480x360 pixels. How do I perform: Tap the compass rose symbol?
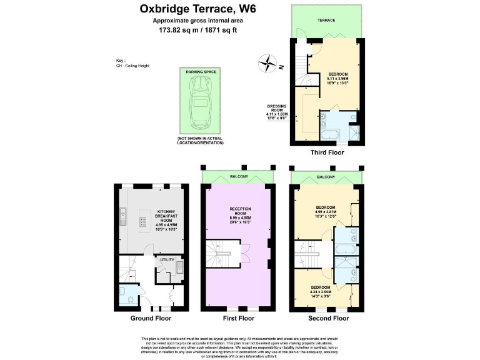[269, 62]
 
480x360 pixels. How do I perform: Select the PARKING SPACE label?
[200, 72]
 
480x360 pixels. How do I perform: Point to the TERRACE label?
[326, 21]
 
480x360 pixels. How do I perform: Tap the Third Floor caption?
[327, 152]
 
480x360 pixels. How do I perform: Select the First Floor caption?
[238, 318]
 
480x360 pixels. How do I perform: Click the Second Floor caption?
[328, 318]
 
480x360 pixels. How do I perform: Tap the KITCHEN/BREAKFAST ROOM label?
[164, 216]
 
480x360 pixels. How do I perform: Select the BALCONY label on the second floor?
[326, 177]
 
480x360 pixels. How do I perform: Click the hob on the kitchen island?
[143, 220]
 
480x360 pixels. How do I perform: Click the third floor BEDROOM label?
[337, 74]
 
